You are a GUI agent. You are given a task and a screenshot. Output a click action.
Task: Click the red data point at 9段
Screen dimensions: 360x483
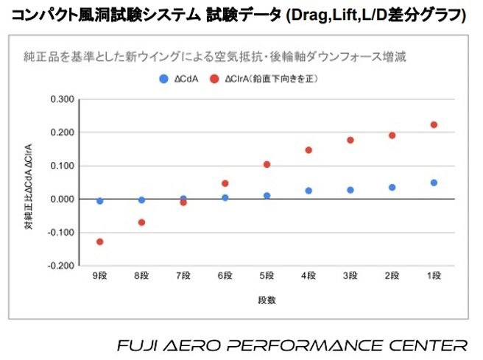coord(99,241)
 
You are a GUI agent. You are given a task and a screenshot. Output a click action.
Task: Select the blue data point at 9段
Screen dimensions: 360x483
coord(99,200)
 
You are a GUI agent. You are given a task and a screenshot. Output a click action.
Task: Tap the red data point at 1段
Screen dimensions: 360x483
coord(434,124)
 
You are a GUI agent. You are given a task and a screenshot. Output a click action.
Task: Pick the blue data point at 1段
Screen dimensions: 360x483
coord(434,183)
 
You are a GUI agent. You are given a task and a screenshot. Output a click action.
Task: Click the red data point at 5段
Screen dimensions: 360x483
coord(267,164)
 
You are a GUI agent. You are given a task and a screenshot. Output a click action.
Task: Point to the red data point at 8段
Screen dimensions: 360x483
coord(141,222)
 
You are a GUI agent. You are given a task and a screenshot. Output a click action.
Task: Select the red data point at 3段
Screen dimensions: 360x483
coord(350,140)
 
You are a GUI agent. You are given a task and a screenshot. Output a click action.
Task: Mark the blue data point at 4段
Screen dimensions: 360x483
coord(309,191)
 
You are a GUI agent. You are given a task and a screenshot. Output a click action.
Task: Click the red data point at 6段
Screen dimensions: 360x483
coord(225,183)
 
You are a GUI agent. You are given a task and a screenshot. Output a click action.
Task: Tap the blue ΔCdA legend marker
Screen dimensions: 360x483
coord(163,78)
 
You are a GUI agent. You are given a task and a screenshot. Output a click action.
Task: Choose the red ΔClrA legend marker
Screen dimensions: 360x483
coord(214,78)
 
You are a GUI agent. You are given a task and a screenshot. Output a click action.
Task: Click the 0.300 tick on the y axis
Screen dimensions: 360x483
coord(62,99)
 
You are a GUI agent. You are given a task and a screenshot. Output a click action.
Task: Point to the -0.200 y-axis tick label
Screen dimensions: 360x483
coord(60,266)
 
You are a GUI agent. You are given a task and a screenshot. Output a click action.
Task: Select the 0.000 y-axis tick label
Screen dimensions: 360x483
coord(62,200)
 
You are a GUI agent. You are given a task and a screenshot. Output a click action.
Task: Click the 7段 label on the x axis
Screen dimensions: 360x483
coord(183,276)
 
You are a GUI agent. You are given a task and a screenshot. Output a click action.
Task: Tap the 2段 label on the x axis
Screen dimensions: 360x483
coord(392,276)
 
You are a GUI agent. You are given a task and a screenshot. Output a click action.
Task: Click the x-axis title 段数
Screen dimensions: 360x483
coord(267,300)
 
